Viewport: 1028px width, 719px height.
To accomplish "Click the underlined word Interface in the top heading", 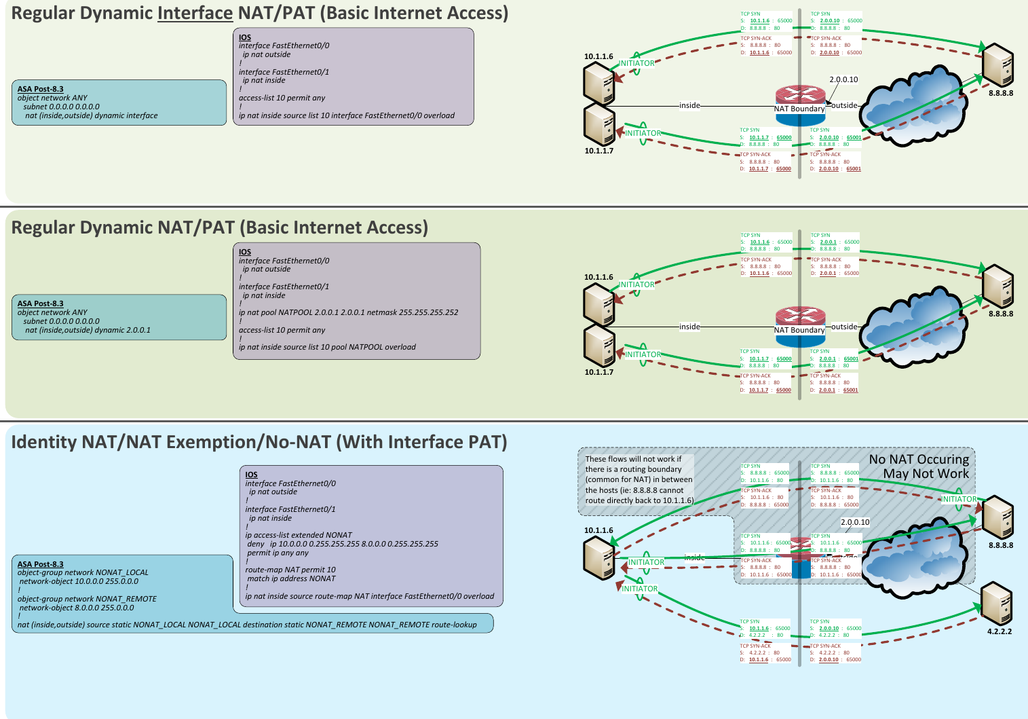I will [x=195, y=13].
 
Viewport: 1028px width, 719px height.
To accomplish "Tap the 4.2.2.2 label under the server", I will [x=1000, y=631].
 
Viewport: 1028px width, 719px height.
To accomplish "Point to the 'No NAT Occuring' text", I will [x=919, y=460].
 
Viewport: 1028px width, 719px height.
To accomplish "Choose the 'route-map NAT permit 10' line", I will [x=290, y=570].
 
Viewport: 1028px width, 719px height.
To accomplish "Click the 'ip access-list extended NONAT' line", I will [x=299, y=535].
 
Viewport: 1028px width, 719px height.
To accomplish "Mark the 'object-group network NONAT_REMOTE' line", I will [x=87, y=599].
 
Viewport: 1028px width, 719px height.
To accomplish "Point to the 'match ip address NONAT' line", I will [x=291, y=578].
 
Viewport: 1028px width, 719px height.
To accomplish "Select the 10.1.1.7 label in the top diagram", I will [x=599, y=151].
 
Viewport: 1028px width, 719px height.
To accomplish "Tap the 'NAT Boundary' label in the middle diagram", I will [x=799, y=330].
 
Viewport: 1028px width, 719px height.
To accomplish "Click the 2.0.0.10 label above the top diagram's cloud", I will [x=843, y=79].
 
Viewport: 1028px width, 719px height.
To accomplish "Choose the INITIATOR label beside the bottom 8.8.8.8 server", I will [x=959, y=499].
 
